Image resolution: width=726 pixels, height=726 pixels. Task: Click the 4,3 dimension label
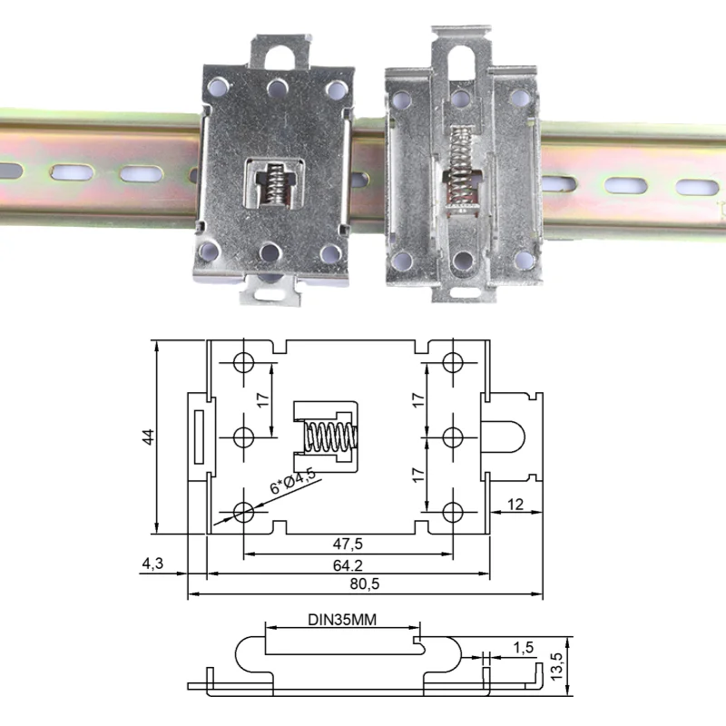point(152,564)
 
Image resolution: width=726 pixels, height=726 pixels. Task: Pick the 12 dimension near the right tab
point(515,504)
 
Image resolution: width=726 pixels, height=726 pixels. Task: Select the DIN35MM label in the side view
point(341,621)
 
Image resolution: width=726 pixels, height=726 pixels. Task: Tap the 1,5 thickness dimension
point(523,648)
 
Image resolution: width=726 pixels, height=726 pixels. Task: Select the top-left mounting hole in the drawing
point(243,362)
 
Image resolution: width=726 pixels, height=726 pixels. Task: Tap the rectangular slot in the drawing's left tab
point(196,437)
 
